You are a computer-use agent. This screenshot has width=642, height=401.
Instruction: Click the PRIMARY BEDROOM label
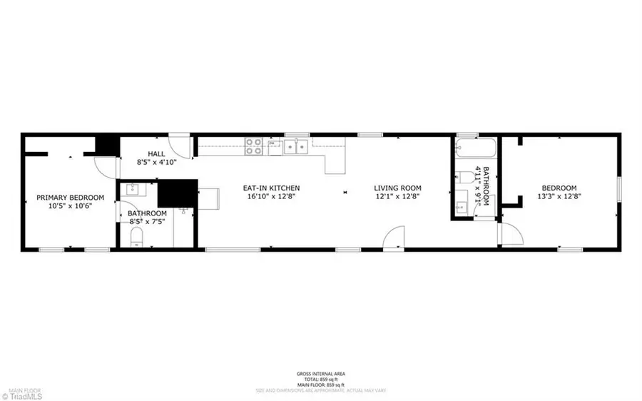tap(71, 198)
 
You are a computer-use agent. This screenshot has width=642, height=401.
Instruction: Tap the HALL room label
tap(156, 154)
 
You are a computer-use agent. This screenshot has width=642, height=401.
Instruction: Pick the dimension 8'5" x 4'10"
tap(156, 163)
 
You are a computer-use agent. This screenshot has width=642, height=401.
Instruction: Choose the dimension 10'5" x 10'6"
tap(71, 206)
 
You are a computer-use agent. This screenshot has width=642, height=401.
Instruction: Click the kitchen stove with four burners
tap(253, 146)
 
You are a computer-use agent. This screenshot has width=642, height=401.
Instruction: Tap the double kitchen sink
tap(296, 147)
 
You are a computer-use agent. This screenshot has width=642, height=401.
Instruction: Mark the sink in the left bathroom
tap(133, 189)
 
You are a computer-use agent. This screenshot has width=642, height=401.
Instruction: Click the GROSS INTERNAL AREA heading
tap(320, 374)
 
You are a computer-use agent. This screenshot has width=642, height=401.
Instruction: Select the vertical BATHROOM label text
tap(486, 187)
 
